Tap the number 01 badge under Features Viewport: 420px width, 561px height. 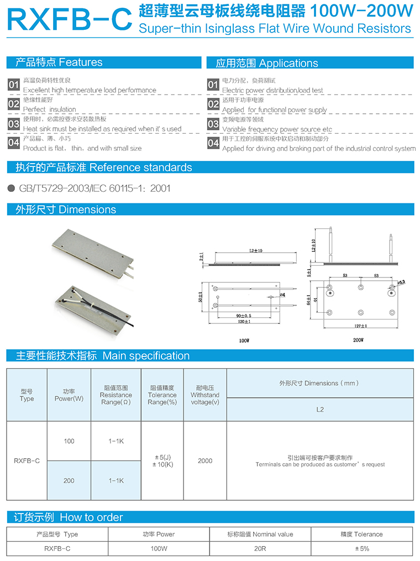coord(14,85)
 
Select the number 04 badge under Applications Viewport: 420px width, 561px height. coord(213,143)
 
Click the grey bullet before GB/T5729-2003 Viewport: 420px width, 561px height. coord(12,188)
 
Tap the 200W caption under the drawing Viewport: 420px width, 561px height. coord(358,340)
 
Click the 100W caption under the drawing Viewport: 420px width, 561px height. coord(244,341)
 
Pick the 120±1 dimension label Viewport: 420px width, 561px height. coord(244,322)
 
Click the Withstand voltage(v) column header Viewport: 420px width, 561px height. coord(205,395)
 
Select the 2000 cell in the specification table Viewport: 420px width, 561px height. coord(205,461)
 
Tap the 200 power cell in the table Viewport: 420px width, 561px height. coord(69,481)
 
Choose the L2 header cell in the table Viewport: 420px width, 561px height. coord(320,410)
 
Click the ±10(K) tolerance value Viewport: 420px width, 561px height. coord(162,465)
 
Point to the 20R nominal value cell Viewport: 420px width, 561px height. coord(260,549)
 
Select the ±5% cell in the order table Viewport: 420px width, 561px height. coord(362,549)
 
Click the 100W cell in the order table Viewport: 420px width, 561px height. coord(159,549)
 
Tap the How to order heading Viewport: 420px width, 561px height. coord(91,517)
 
